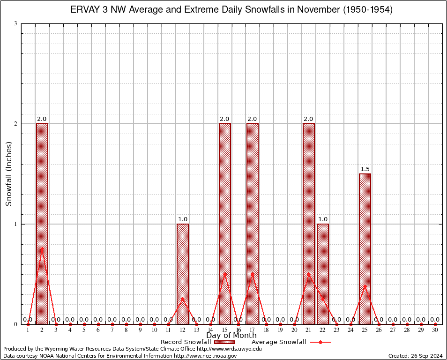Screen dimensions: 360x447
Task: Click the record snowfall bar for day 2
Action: (42, 224)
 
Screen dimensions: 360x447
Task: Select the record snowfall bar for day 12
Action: (183, 274)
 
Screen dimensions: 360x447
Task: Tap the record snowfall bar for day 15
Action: (225, 224)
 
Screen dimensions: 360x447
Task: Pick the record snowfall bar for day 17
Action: (253, 224)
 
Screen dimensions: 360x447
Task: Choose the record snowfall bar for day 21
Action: (309, 224)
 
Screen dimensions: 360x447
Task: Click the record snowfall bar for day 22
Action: (323, 274)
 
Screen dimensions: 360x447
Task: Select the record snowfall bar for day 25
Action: (365, 248)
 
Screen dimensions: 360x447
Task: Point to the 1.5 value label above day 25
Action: (365, 169)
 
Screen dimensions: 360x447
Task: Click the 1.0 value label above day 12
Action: (183, 219)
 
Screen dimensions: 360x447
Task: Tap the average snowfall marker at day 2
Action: (42, 248)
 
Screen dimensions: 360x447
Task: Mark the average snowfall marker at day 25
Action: (365, 286)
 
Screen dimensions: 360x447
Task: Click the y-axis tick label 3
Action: (16, 23)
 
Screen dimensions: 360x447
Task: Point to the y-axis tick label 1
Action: (16, 224)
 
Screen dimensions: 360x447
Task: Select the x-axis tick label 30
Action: (435, 330)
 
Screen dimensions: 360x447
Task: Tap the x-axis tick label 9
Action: (141, 330)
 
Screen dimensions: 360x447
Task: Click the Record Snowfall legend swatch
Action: (224, 342)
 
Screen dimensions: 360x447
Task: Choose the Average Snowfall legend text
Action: (278, 342)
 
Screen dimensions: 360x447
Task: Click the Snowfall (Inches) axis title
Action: (9, 173)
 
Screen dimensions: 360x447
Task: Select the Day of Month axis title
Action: (231, 336)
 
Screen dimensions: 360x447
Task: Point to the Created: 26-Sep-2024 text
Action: (415, 356)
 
